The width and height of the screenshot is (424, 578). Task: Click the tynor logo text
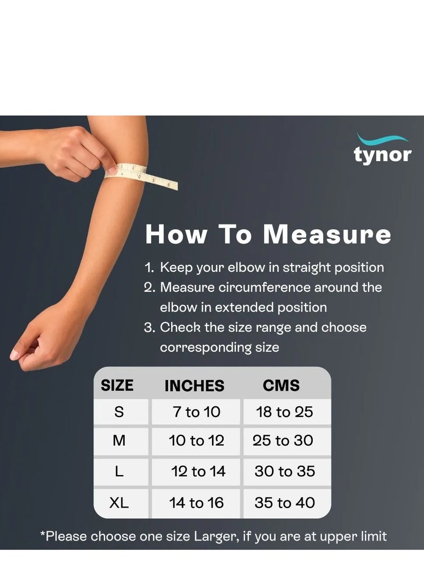(382, 155)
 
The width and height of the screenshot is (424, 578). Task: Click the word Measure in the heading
(327, 235)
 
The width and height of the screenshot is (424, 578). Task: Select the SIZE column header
(117, 385)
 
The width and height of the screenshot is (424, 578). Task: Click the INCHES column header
(194, 386)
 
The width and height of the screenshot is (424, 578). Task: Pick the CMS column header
(281, 385)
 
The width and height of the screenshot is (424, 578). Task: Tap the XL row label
(119, 503)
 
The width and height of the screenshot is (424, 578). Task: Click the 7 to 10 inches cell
(196, 412)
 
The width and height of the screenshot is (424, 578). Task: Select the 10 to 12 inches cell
(196, 441)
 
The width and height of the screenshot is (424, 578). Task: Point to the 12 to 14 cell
(198, 472)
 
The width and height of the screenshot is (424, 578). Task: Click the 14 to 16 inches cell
(197, 503)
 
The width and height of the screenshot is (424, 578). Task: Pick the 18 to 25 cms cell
(284, 412)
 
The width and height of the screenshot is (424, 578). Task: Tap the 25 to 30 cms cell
(282, 441)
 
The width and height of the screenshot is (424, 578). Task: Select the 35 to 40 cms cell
(284, 503)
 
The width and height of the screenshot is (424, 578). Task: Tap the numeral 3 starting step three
(149, 327)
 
